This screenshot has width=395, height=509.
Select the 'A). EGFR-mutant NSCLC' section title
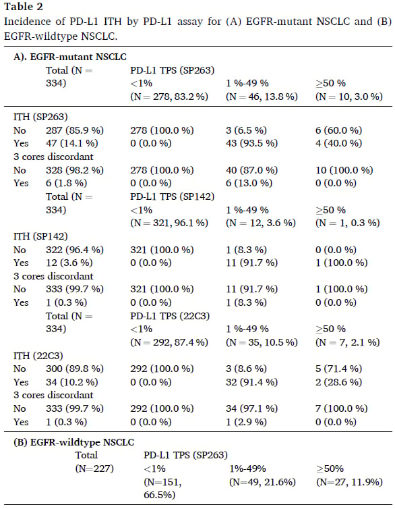click(x=70, y=57)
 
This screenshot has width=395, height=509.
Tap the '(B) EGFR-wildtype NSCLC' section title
click(x=73, y=442)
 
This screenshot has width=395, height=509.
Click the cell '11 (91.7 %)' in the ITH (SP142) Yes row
click(x=248, y=263)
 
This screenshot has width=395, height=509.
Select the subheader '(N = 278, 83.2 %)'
click(x=169, y=97)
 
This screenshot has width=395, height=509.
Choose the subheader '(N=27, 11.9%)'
click(x=349, y=481)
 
